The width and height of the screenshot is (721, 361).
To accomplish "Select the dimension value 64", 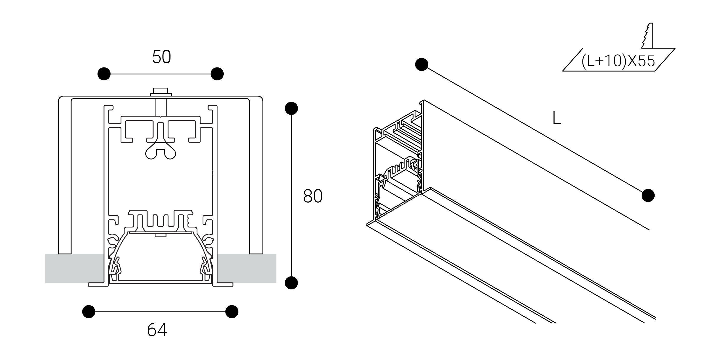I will pyautogui.click(x=157, y=330).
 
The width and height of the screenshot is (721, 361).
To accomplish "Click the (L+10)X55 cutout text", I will pyautogui.click(x=618, y=61).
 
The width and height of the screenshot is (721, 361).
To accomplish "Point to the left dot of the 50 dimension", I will pyautogui.click(x=104, y=74).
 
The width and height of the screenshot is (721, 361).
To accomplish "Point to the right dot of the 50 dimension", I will pyautogui.click(x=217, y=74).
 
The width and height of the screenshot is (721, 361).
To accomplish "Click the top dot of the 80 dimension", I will pyautogui.click(x=291, y=108).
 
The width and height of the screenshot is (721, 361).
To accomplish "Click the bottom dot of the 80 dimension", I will pyautogui.click(x=291, y=283).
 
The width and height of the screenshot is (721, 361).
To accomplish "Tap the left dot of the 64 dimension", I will pyautogui.click(x=89, y=311).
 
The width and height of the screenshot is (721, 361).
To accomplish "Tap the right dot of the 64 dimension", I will pyautogui.click(x=232, y=311).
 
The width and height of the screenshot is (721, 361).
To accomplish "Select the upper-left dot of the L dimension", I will pyautogui.click(x=422, y=64).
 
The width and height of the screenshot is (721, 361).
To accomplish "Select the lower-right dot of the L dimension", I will pyautogui.click(x=648, y=195).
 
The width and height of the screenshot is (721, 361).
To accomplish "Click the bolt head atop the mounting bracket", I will pyautogui.click(x=161, y=91).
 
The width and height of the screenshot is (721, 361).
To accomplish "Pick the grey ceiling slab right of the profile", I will pyautogui.click(x=246, y=268).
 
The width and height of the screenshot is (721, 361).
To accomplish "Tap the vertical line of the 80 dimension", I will pyautogui.click(x=291, y=196).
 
